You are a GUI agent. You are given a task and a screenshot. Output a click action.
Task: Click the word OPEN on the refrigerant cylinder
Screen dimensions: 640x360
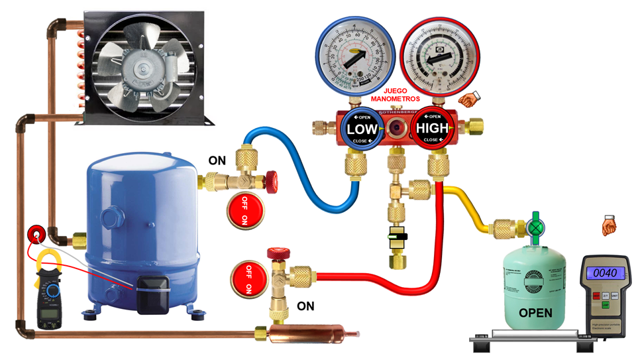pos(535,312)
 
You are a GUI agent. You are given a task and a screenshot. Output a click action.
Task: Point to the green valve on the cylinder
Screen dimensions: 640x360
pos(534,226)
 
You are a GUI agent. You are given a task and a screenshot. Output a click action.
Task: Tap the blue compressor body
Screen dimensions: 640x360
pos(140,219)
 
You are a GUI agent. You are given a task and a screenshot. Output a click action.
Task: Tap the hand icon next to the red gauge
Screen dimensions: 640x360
pos(470,100)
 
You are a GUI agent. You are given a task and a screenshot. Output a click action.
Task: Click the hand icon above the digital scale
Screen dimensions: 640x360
pos(609,225)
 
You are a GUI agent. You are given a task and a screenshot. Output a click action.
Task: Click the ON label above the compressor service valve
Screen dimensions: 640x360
pos(217,160)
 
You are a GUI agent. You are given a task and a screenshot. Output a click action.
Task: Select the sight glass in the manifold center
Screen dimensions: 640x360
pos(396,128)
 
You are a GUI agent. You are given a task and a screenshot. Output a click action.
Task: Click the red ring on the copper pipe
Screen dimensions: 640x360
pos(36,233)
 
